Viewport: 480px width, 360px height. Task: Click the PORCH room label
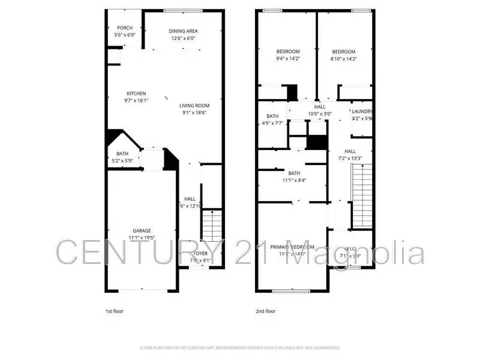(125, 28)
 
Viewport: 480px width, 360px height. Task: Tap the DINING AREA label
(183, 31)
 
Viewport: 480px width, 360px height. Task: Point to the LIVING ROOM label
(194, 106)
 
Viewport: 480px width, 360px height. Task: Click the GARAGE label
(142, 230)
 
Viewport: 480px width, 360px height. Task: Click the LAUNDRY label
(362, 111)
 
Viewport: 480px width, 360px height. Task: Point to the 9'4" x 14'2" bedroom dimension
(287, 59)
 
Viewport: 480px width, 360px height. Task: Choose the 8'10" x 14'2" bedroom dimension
(344, 59)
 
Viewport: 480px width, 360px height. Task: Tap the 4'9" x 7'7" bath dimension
(272, 124)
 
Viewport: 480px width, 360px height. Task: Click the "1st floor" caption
(115, 311)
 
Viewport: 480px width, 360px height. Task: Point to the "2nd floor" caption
(266, 311)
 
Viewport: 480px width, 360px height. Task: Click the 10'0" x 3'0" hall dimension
(320, 113)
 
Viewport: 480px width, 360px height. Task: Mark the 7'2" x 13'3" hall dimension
(350, 158)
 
